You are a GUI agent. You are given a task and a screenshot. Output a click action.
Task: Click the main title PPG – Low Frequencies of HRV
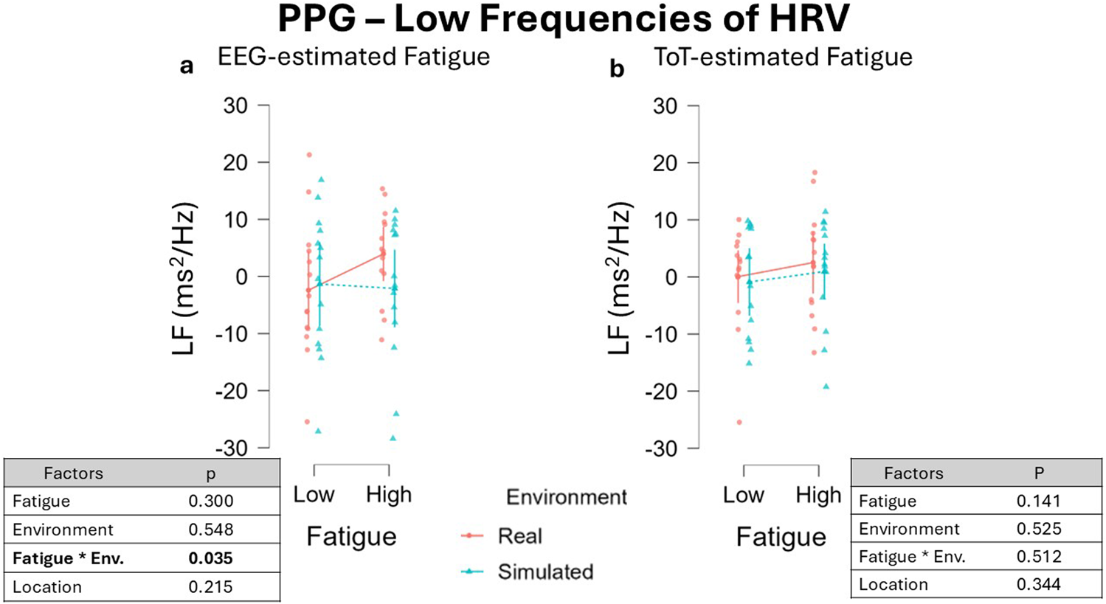coord(563,20)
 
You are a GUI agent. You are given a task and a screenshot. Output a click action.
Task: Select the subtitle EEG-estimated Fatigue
coord(353,58)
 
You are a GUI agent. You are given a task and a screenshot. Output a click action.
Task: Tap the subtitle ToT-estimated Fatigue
coord(783,58)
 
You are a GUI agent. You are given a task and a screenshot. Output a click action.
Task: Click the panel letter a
coord(187,66)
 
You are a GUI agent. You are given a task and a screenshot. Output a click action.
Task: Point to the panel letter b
coord(616,69)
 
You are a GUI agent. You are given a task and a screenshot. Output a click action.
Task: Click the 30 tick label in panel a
coord(235,106)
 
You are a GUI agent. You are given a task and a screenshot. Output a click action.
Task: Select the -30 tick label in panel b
coord(661,448)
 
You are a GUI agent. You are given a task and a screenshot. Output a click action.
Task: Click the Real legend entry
coord(519,536)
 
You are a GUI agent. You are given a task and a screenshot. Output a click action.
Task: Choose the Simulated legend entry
coord(545,572)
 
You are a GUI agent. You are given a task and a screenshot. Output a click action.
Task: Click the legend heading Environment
coord(566,498)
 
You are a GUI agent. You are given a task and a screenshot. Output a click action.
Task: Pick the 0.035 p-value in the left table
coord(210,558)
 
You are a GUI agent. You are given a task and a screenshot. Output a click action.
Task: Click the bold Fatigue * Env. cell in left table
coord(68,558)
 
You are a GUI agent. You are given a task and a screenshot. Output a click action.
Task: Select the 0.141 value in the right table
coord(1038,501)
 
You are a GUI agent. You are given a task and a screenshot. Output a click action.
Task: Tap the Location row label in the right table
coord(893,585)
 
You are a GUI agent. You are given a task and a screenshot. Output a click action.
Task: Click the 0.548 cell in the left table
coord(210,530)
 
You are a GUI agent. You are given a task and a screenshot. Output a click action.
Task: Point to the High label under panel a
coord(389,495)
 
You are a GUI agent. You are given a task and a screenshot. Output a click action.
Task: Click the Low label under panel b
coord(743,495)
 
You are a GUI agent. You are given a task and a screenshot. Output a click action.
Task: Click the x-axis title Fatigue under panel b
coord(781,537)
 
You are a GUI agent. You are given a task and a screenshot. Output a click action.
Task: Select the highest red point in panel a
coord(309,155)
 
